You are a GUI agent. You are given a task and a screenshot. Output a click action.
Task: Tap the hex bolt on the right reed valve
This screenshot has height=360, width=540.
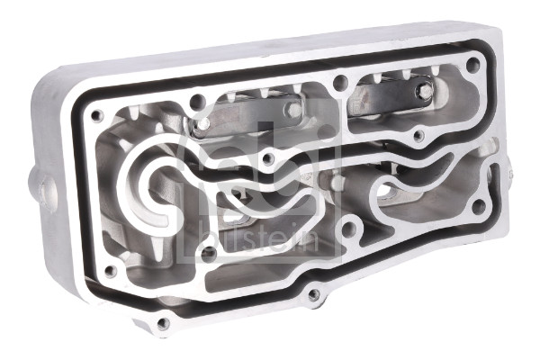pos(427,91)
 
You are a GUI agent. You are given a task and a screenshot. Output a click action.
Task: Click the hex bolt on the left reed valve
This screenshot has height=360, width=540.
pos(295,110)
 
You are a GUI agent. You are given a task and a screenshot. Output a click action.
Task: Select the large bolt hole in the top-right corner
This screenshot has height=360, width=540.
pos(473,64)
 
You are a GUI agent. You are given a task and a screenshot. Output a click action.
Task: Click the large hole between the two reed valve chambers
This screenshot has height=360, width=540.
pos(340,82)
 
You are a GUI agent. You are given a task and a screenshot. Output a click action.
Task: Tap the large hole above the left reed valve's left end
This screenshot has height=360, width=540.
pos(196,102)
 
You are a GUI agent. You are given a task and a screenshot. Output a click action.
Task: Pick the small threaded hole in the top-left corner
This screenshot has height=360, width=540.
pos(97,115)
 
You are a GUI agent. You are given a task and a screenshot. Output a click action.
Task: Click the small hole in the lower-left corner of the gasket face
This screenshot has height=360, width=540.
pos(110,271)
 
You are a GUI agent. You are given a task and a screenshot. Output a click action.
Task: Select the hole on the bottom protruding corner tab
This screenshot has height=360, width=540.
pos(163,323)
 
